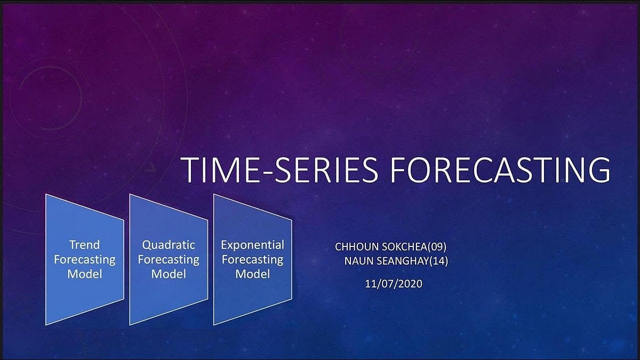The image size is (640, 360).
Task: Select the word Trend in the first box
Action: tap(84, 245)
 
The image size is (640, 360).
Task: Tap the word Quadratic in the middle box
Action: tap(169, 245)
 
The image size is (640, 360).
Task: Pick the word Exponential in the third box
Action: tap(252, 245)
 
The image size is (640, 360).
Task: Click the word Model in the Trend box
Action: tap(84, 274)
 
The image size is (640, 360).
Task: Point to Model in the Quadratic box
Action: tap(169, 274)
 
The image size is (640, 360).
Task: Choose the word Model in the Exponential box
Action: tap(252, 274)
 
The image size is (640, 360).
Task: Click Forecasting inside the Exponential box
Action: tap(252, 260)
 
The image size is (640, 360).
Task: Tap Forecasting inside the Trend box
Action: tap(84, 260)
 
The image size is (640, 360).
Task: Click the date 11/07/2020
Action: tap(394, 284)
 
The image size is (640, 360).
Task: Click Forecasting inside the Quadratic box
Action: tap(169, 260)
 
